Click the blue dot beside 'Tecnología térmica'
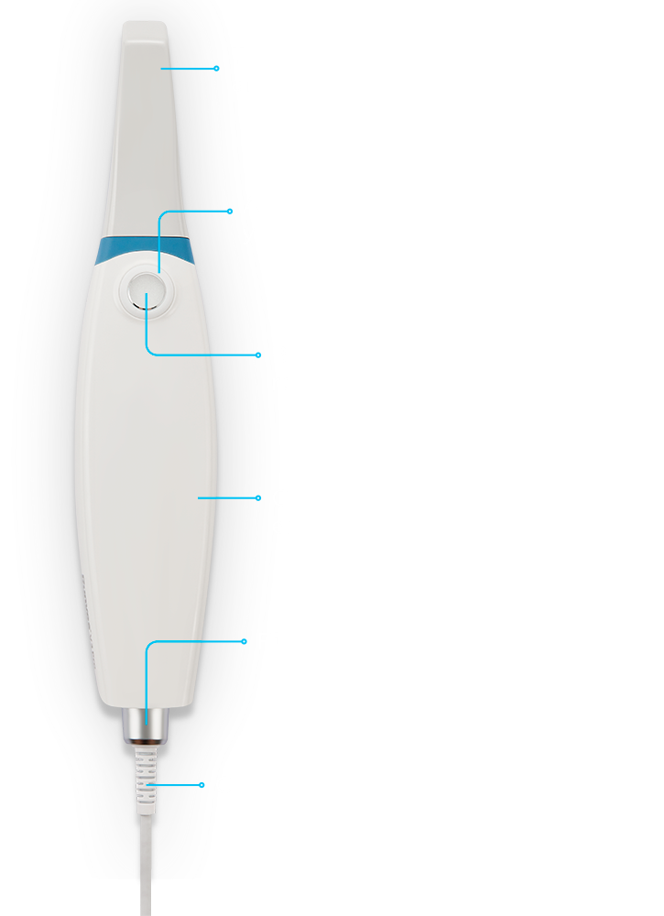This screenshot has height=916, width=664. click(x=217, y=68)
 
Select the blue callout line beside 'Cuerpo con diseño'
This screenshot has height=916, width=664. click(x=229, y=497)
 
